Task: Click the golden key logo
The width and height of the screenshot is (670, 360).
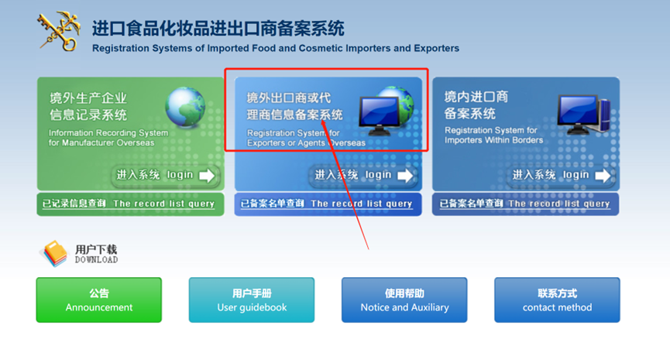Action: [59, 31]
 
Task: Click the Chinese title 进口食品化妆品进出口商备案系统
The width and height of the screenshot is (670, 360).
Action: [218, 29]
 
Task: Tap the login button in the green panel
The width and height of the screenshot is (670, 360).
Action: [165, 175]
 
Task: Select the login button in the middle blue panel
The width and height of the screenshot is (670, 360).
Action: [363, 175]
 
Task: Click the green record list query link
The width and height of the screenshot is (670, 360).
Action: [129, 204]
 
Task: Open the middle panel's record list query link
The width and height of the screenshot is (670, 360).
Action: [327, 204]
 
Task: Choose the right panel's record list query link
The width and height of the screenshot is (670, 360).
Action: [525, 204]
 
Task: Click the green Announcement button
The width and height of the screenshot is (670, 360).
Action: [99, 300]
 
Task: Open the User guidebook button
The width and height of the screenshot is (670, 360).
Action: [252, 300]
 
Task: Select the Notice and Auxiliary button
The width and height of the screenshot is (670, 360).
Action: [404, 300]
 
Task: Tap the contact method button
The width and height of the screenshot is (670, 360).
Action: [557, 300]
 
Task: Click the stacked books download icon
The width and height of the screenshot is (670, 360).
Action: [54, 254]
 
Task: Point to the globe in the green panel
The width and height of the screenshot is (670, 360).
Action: [185, 107]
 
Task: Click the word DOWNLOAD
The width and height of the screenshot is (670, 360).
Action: [96, 259]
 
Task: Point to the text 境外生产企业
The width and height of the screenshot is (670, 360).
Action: [88, 98]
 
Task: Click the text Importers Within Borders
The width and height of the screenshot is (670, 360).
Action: [494, 140]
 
